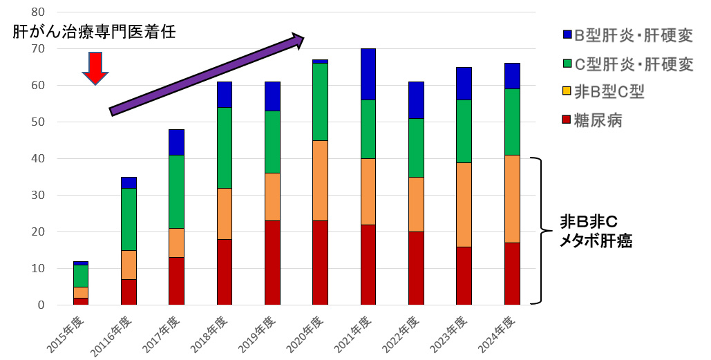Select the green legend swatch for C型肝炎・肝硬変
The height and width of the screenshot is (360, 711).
567,64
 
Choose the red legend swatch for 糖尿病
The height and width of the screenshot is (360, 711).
567,121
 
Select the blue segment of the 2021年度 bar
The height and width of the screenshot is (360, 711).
368,75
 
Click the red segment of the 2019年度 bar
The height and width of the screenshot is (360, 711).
272,263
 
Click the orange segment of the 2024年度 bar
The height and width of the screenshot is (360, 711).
512,199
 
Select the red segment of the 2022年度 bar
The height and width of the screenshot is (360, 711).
416,268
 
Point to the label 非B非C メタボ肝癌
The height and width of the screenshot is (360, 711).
596,231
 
